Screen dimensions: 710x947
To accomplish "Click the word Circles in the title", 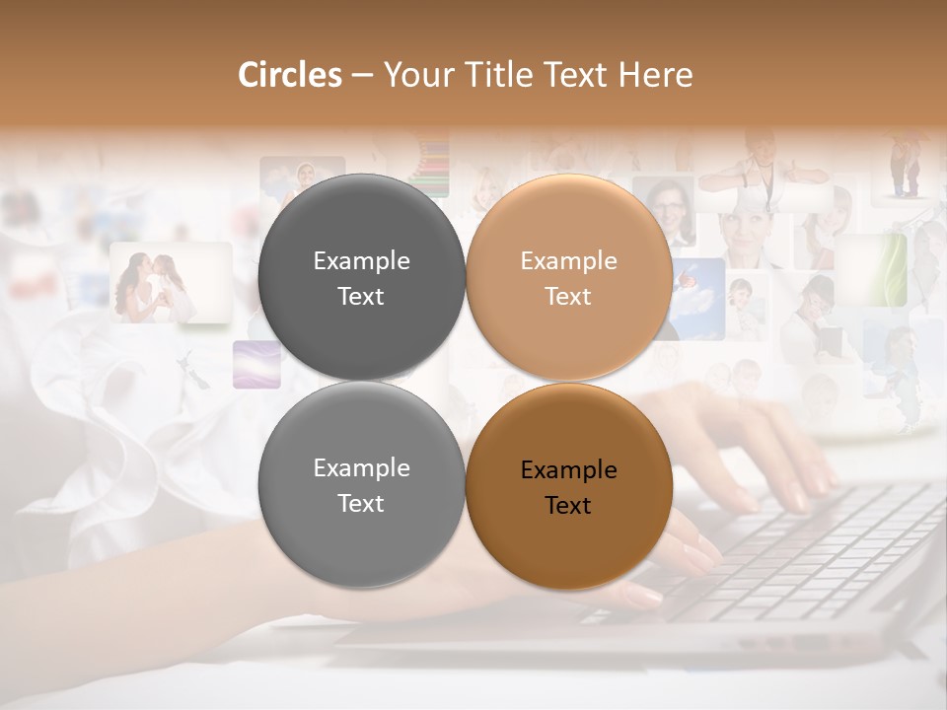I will point(290,75).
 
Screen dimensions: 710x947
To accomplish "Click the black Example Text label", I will point(568,487).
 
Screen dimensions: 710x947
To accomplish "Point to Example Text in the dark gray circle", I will point(361,278).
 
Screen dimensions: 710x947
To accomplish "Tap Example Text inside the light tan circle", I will point(568,278).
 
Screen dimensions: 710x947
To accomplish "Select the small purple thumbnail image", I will point(256,365).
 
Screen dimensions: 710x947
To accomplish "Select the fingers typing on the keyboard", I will point(779,463).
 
